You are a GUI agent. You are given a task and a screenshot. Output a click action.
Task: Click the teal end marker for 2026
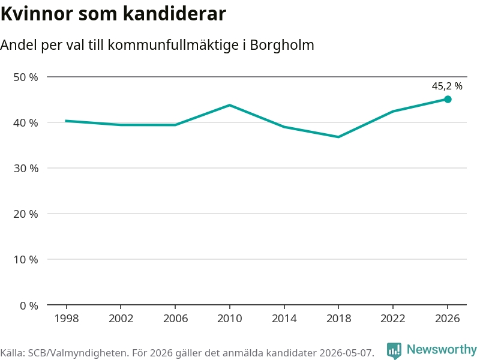point(448,99)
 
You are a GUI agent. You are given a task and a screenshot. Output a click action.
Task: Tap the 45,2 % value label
point(447,86)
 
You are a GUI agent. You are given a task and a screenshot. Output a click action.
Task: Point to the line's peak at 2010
point(230,106)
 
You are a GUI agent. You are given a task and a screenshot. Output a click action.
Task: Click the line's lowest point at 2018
point(338,137)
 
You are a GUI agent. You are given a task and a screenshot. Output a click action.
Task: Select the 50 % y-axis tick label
point(26,77)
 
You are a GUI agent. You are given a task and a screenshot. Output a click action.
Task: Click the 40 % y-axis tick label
point(26,123)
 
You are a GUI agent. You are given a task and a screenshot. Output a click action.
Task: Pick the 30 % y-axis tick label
point(26,169)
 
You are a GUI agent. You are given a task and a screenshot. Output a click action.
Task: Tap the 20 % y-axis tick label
point(26,214)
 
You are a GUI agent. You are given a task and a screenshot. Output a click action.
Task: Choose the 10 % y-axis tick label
point(26,260)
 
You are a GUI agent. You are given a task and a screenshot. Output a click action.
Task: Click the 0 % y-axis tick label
point(29,305)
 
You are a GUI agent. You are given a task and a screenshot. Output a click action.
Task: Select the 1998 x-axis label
point(67,319)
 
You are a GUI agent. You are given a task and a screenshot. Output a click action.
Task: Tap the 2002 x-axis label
point(121,319)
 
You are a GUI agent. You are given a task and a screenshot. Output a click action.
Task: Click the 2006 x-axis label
point(175,319)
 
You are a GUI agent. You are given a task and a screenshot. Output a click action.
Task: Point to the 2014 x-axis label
point(284,319)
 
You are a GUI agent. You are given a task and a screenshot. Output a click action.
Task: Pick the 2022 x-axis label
point(393,319)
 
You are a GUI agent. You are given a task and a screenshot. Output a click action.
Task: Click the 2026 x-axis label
point(447,319)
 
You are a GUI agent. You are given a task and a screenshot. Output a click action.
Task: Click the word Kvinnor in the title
point(37,13)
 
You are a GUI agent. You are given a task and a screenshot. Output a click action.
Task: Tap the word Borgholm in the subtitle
point(282,45)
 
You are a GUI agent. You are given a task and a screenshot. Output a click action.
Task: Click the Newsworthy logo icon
point(394,350)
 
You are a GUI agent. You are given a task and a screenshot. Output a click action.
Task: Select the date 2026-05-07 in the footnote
point(346,353)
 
